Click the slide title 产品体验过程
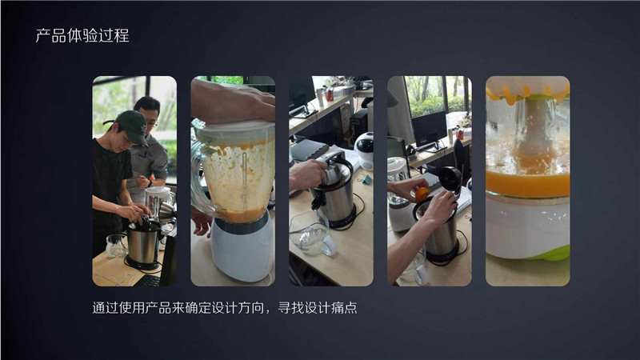[82, 36]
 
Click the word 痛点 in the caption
[342, 307]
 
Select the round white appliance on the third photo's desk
[363, 147]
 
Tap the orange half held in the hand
[421, 194]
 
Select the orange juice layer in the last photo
[527, 183]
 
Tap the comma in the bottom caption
[266, 309]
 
